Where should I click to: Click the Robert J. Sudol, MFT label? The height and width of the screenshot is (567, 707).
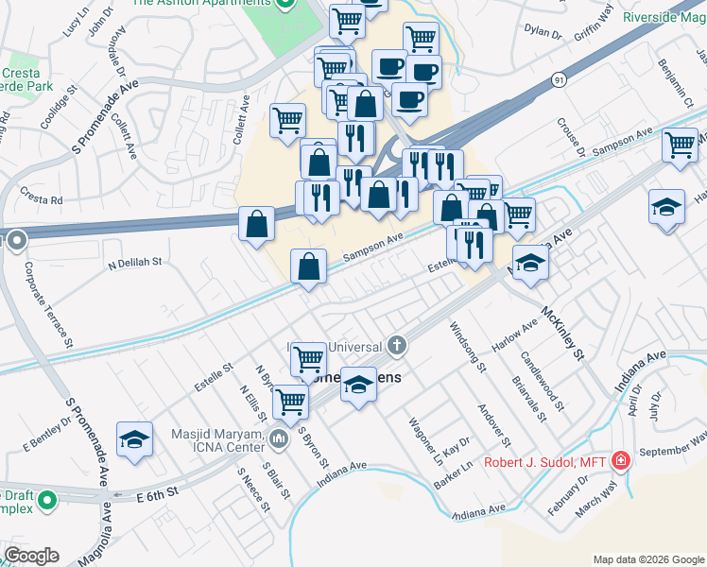tap(544, 462)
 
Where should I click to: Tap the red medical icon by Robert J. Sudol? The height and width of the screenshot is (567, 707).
tap(621, 461)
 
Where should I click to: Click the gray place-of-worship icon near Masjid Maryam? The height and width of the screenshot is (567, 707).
tap(278, 438)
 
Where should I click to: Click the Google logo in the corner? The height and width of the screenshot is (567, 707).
tap(31, 556)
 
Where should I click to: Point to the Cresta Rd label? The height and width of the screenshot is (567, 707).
tap(44, 200)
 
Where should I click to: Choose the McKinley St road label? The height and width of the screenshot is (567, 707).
tap(564, 334)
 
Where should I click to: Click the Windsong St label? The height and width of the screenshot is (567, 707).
tap(467, 346)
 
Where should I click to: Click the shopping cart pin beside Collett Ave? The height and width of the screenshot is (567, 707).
tap(287, 120)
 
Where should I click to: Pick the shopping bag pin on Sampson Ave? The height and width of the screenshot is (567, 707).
tap(309, 266)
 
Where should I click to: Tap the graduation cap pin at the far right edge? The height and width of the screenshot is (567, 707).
tap(666, 208)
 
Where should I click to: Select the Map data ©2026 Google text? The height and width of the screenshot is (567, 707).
tap(648, 559)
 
